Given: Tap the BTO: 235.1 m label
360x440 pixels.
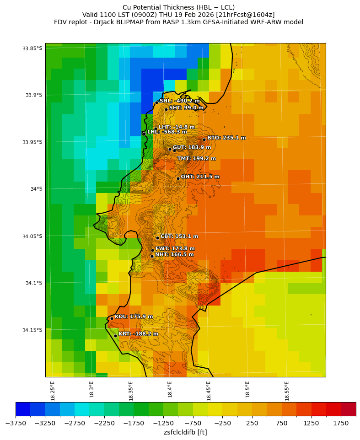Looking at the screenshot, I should tap(226, 138).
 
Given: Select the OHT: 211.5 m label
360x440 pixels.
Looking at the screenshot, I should tap(200, 177).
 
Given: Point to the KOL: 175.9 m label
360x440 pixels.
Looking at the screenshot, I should tap(134, 317).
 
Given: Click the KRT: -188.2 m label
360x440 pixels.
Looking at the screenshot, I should tap(138, 334).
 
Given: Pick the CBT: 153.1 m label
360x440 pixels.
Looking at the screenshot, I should tap(179, 236).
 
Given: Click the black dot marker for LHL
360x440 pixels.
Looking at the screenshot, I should tap(144, 134).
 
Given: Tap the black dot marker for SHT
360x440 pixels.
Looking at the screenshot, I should tap(166, 109).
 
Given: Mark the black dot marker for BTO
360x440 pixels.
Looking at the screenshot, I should tap(204, 140).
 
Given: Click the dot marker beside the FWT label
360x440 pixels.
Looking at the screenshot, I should tap(152, 250).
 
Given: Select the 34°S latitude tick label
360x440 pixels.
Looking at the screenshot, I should tap(35, 189).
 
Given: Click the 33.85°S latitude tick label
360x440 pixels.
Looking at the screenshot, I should tap(32, 48).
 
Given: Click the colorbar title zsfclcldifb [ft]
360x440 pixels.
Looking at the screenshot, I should tap(185, 432).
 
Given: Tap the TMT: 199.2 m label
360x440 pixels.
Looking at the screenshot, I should tap(196, 159).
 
